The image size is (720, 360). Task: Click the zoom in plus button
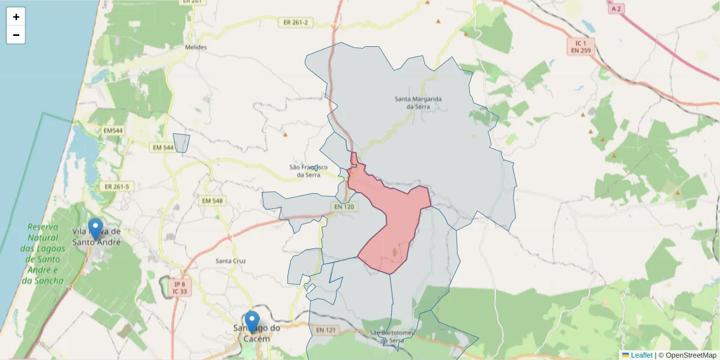[x=16, y=17]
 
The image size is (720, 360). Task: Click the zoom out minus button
[x=16, y=35]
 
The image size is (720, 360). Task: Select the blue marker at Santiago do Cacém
[x=253, y=322]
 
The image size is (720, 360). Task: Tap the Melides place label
[x=196, y=47]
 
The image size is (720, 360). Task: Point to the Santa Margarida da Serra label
[x=418, y=102]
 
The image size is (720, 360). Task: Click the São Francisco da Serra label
[x=308, y=171]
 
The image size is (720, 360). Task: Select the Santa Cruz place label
[x=230, y=261]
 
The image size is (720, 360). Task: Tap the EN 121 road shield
[x=326, y=330]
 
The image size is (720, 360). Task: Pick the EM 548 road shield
[x=212, y=200]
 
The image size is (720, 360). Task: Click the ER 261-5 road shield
[x=116, y=187]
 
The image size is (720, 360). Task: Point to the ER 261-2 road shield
[x=296, y=22]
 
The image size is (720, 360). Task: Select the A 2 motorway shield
[x=616, y=9]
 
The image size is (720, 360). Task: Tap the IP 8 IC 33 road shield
[x=179, y=287]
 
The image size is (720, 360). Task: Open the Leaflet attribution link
[x=641, y=355]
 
